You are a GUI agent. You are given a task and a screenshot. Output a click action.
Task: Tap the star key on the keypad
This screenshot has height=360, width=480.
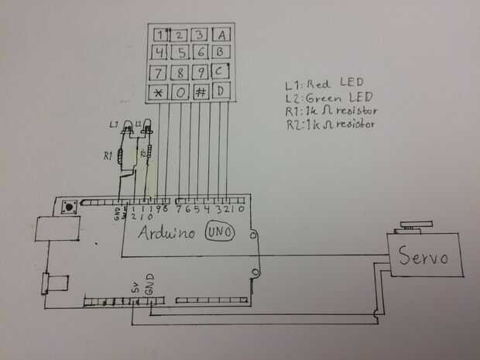[159, 93]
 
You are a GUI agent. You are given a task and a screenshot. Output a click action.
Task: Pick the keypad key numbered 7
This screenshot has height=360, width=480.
[159, 74]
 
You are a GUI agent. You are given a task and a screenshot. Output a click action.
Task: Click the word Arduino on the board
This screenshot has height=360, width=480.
[167, 233]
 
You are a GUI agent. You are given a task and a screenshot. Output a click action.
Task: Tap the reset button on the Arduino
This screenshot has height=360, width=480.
[70, 207]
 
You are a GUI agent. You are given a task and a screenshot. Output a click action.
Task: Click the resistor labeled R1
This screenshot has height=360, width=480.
[120, 157]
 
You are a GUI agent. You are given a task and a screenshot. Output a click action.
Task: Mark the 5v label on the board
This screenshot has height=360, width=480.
[134, 288]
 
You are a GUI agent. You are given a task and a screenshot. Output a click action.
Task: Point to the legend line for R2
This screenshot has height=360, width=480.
[331, 124]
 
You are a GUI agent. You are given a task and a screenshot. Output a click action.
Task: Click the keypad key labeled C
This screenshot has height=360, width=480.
[221, 74]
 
